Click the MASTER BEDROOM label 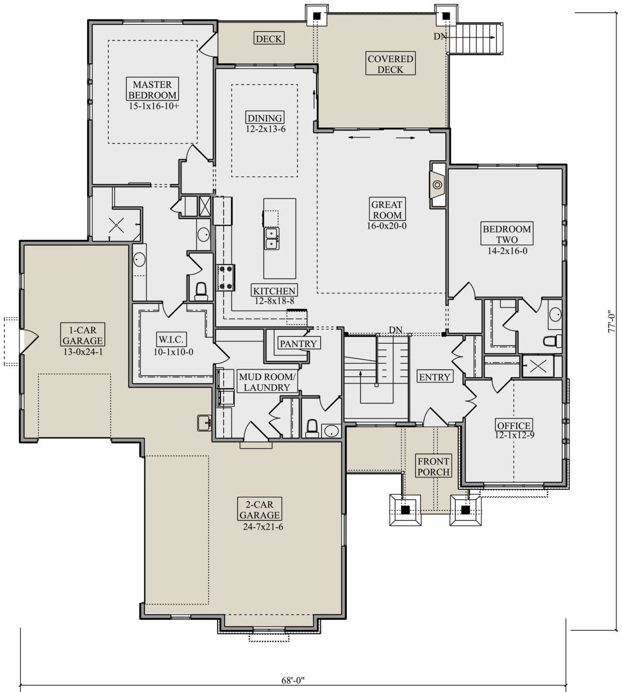152,90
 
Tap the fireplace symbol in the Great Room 437,185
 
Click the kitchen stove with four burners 225,276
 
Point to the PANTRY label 298,343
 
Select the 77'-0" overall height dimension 613,321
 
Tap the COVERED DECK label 390,64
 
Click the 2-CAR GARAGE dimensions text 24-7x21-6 260,527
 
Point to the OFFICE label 513,426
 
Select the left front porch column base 405,510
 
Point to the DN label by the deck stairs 440,36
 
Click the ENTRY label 434,377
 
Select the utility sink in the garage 204,422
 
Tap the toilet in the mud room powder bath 312,427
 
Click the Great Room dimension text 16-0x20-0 387,225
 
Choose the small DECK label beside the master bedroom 268,38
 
